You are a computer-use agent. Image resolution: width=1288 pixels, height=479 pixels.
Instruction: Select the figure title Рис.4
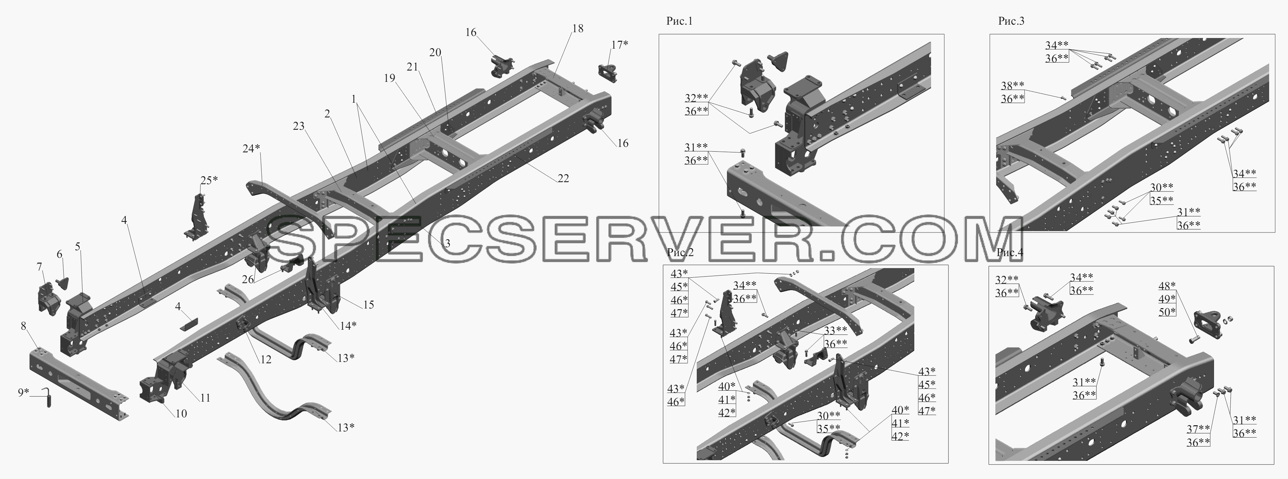click(1010, 252)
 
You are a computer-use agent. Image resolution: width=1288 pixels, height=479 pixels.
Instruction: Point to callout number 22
click(563, 178)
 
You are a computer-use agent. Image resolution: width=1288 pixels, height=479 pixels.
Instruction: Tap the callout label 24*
click(251, 149)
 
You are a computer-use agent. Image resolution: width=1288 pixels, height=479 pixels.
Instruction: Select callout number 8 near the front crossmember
click(24, 327)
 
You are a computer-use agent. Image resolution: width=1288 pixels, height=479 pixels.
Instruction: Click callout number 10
click(181, 414)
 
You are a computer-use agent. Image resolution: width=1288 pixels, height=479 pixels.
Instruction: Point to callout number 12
click(265, 360)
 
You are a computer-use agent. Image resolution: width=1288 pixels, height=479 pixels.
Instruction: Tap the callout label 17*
click(619, 45)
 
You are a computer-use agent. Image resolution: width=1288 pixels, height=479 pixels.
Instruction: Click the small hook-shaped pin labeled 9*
click(48, 399)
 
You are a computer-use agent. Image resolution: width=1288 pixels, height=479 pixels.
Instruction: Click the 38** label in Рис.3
click(1013, 86)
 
